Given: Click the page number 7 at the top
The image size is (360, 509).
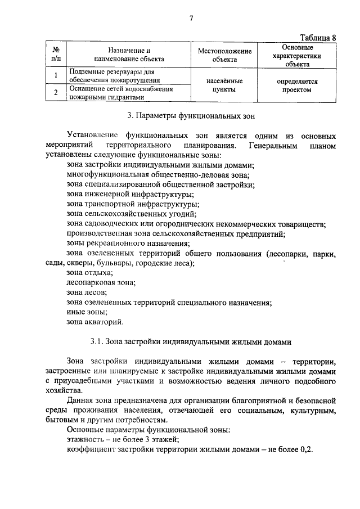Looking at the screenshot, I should [191, 18].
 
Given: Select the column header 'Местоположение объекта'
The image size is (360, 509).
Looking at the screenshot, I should [224, 55].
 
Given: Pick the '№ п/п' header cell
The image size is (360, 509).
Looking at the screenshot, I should [56, 55].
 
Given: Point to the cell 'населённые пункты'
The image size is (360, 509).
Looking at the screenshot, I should [224, 85].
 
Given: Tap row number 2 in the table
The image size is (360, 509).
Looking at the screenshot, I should [56, 93].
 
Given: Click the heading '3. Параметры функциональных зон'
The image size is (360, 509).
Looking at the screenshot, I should [191, 117].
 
